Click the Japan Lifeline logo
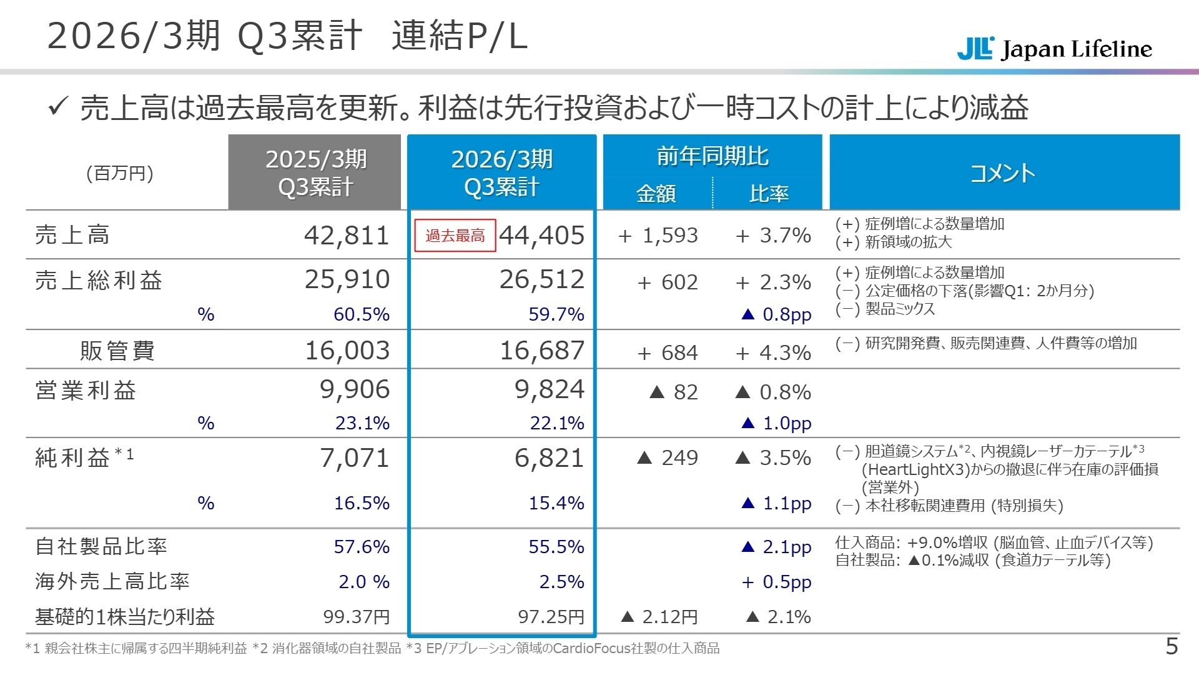(x=1054, y=49)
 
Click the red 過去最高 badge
(x=455, y=236)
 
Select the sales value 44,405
(x=541, y=236)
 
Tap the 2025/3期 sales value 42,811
(x=347, y=236)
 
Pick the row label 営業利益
(x=86, y=391)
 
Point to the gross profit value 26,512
(x=541, y=279)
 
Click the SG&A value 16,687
(x=541, y=351)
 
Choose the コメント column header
(x=1003, y=172)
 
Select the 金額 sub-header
(x=656, y=194)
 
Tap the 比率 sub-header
(x=769, y=194)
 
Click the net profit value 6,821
(x=549, y=458)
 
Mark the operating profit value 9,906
(x=354, y=389)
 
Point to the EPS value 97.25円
(x=551, y=617)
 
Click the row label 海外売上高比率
(x=112, y=582)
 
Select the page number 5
(x=1172, y=646)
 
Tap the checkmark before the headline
(x=57, y=107)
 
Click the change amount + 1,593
(x=658, y=236)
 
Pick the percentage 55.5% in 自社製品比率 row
(x=556, y=547)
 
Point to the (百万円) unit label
(x=120, y=173)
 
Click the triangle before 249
(x=644, y=458)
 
